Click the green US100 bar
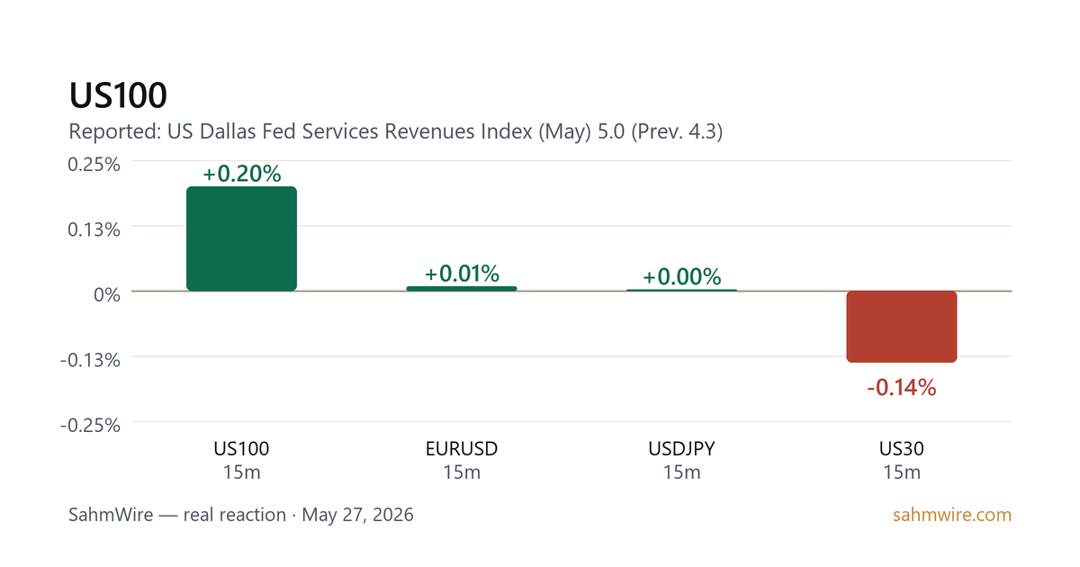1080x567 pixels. [241, 238]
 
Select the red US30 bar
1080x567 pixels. [902, 327]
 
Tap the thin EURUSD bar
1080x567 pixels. [462, 289]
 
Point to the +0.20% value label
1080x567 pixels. [241, 174]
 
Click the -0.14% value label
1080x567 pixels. [902, 388]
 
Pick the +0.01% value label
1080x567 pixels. [462, 274]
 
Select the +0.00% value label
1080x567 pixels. [682, 277]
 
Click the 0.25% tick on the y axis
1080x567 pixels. [94, 165]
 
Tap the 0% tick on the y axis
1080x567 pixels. [106, 294]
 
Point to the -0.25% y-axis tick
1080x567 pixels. [90, 425]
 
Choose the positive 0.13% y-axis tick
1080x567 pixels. [94, 229]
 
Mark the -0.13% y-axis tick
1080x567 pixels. [90, 360]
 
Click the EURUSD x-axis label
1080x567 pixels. [462, 449]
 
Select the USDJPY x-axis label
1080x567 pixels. [682, 449]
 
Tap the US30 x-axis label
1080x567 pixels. [902, 449]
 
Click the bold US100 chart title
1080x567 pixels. [118, 95]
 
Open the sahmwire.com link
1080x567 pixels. [952, 515]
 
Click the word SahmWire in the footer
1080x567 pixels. [111, 515]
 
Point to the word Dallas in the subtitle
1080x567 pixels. [228, 131]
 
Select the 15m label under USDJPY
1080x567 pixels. [682, 472]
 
